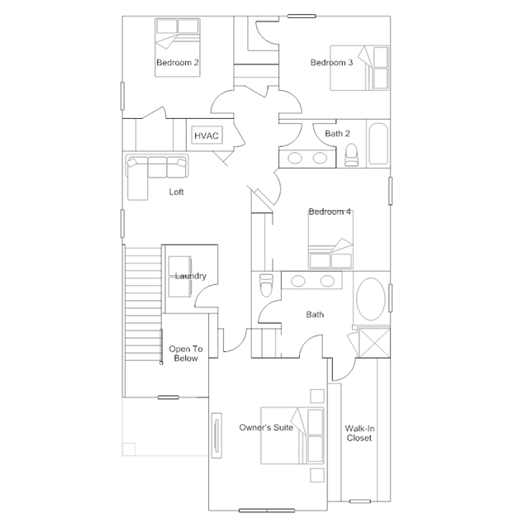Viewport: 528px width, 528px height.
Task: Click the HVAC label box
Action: coord(207,136)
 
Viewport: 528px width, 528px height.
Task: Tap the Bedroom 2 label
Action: coord(178,63)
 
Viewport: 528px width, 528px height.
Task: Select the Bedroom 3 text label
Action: coord(331,63)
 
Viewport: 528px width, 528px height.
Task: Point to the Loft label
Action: coord(177,192)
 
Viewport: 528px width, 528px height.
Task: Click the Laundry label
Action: coord(191,276)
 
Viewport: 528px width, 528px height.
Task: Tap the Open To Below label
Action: coord(186,354)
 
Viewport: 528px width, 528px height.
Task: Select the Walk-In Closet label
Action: coord(359,433)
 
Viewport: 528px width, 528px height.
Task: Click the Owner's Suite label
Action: coord(266,428)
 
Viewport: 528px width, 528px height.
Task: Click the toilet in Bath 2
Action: coord(351,155)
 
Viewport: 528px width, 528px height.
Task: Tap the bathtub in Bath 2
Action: coord(378,144)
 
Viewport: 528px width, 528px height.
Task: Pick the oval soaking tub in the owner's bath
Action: coord(371,299)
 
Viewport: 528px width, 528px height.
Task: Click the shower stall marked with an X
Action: coord(374,343)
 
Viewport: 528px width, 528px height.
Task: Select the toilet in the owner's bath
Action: coord(266,285)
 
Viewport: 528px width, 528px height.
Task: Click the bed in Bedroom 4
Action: coord(331,240)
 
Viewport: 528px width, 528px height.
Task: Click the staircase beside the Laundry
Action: coord(143,304)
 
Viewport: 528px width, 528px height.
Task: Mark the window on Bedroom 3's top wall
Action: coord(302,16)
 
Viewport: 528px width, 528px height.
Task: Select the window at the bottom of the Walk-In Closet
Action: coord(360,502)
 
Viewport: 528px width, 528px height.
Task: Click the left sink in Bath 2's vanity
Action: coord(295,158)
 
